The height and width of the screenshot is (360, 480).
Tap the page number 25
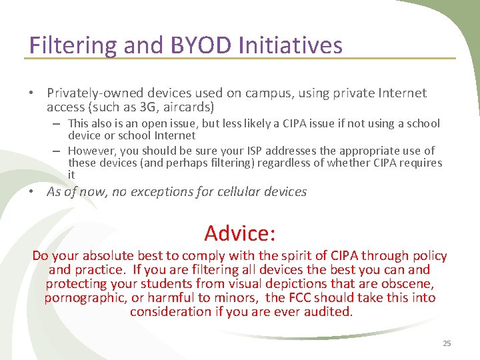coord(447,343)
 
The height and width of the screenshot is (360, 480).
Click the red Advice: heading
coord(240,233)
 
